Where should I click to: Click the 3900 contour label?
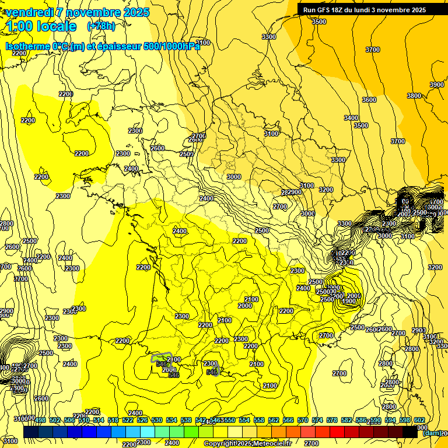(436, 85)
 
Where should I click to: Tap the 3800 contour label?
(414, 96)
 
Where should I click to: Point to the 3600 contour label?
(369, 100)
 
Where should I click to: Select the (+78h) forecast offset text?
(101, 26)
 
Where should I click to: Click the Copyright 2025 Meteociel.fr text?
(247, 443)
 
